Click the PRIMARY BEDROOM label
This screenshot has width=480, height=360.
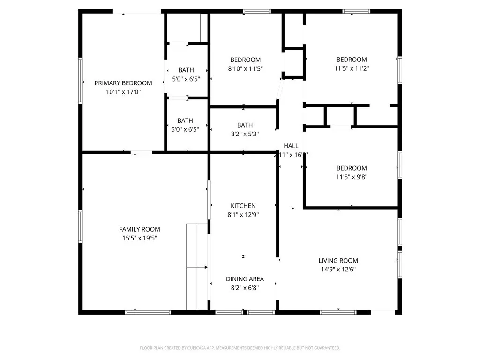[123, 83]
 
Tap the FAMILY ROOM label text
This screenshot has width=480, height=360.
[139, 229]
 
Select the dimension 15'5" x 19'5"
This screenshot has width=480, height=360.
[139, 238]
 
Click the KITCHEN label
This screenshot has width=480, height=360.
[243, 206]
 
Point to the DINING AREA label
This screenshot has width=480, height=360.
[245, 279]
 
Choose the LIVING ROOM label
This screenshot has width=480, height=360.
[338, 261]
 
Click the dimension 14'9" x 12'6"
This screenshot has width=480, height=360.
[338, 270]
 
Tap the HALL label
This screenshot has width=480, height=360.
[291, 146]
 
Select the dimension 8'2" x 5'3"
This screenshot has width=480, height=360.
[245, 134]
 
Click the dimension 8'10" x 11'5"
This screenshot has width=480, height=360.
[245, 68]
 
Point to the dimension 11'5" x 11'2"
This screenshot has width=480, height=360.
[352, 68]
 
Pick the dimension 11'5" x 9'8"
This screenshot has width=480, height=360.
[352, 177]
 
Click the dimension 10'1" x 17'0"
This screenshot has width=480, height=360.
[123, 92]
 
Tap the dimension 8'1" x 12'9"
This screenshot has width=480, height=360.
[243, 215]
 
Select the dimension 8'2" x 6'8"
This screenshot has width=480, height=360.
[245, 288]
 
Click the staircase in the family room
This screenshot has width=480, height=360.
[197, 267]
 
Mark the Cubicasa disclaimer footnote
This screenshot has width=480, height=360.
[240, 348]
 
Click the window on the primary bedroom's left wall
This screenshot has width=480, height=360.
[81, 80]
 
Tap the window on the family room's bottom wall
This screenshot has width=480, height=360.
[142, 312]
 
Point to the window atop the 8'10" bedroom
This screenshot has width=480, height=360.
[257, 11]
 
